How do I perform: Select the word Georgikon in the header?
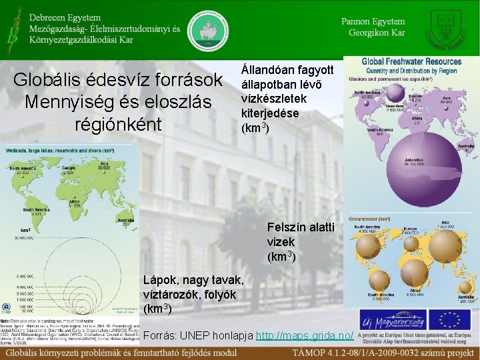tap(365, 33)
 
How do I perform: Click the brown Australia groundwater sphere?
tap(465, 287)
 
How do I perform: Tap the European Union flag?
tap(449, 319)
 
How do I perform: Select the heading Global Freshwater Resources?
tap(411, 61)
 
